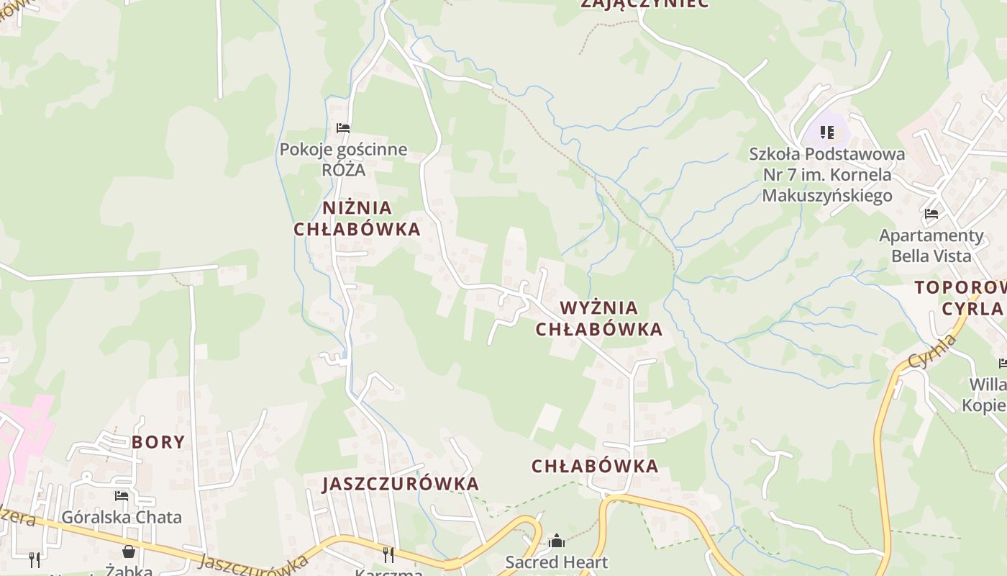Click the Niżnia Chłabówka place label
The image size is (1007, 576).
point(357,218)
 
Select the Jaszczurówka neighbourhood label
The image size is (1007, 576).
point(401,484)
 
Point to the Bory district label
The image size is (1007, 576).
point(158,442)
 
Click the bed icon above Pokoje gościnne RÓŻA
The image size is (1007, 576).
point(343,128)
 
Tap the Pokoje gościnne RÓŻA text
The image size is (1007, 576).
point(343,160)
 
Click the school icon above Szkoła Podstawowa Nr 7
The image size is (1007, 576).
point(827,132)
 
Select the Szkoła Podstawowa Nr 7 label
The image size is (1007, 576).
point(827,174)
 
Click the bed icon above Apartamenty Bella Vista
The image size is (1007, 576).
point(931,214)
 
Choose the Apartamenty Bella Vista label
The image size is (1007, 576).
point(931,246)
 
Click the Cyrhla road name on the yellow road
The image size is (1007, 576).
point(932,351)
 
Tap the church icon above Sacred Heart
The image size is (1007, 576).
point(557,541)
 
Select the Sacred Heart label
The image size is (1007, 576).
point(557,562)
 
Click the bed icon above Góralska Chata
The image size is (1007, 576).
point(122,496)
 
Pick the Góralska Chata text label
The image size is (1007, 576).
point(122,517)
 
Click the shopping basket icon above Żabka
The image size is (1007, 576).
point(129,552)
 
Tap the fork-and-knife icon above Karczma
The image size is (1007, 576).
point(388,554)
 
